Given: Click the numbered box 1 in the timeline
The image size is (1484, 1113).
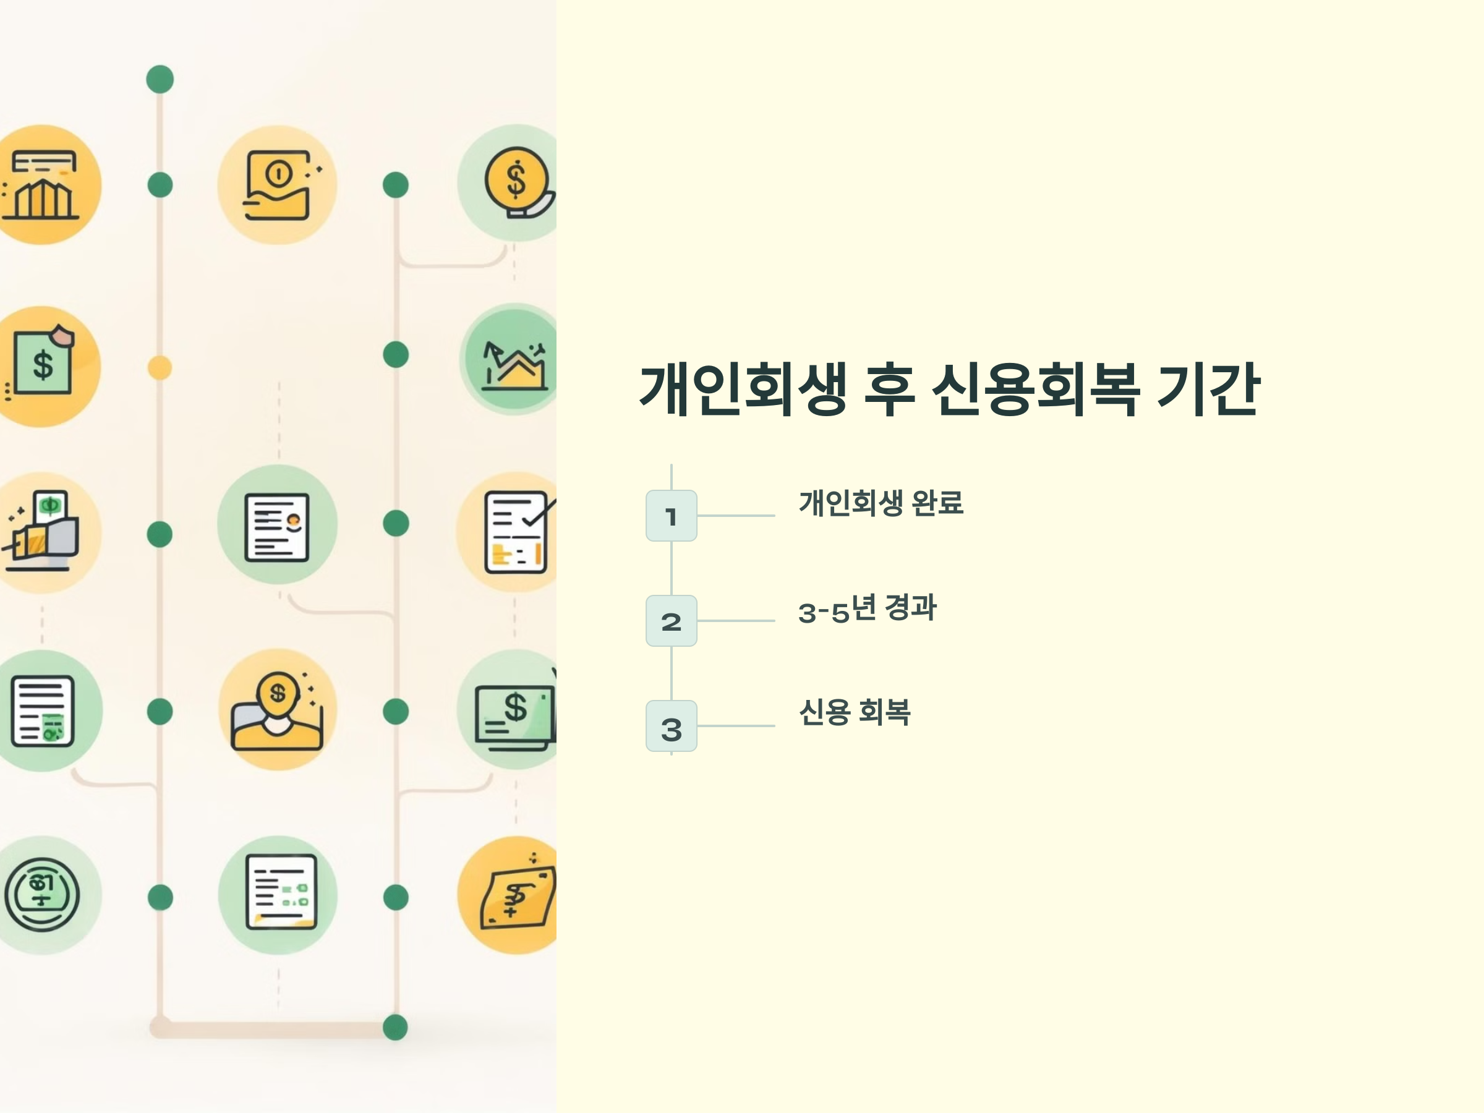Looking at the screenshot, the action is pos(671,515).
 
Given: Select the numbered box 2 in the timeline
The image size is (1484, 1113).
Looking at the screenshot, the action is pos(671,621).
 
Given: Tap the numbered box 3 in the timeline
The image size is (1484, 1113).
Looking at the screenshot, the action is pos(671,726).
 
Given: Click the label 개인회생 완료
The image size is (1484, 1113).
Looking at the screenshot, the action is pos(881,503).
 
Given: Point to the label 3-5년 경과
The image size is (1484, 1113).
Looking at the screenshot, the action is pos(867,608).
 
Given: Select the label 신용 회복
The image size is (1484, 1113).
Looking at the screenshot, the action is pos(854,712).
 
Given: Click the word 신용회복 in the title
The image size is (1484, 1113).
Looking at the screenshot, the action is pos(1035,390).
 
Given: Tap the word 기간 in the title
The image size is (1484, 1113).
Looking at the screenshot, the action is pos(1208,390).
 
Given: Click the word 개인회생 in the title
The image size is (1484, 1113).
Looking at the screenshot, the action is pos(743,390).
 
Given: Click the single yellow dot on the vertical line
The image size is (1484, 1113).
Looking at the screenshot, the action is pos(160,368).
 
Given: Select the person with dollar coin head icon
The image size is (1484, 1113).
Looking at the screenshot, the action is pos(277,711).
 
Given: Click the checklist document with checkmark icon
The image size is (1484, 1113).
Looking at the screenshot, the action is pos(516,532).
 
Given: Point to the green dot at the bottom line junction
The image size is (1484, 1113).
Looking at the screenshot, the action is pos(395,1027).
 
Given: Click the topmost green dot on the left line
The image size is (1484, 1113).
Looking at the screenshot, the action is pos(160,79).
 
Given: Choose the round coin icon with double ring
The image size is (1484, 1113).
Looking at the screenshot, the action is pos(42,895).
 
